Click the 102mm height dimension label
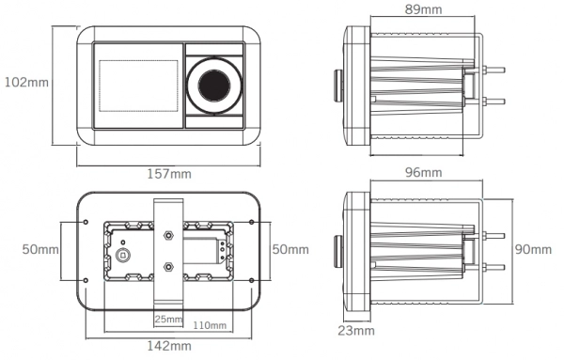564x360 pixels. click(x=26, y=83)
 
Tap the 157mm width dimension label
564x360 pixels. click(x=169, y=174)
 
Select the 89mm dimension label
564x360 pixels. click(x=423, y=9)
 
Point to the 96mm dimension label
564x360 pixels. click(x=423, y=173)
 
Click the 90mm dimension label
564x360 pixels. click(x=533, y=249)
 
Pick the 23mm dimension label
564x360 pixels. click(x=356, y=331)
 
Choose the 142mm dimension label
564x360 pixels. click(x=169, y=346)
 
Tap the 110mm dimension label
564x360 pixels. click(x=210, y=325)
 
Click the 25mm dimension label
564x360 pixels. click(x=168, y=319)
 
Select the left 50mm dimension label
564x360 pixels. click(x=40, y=249)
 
